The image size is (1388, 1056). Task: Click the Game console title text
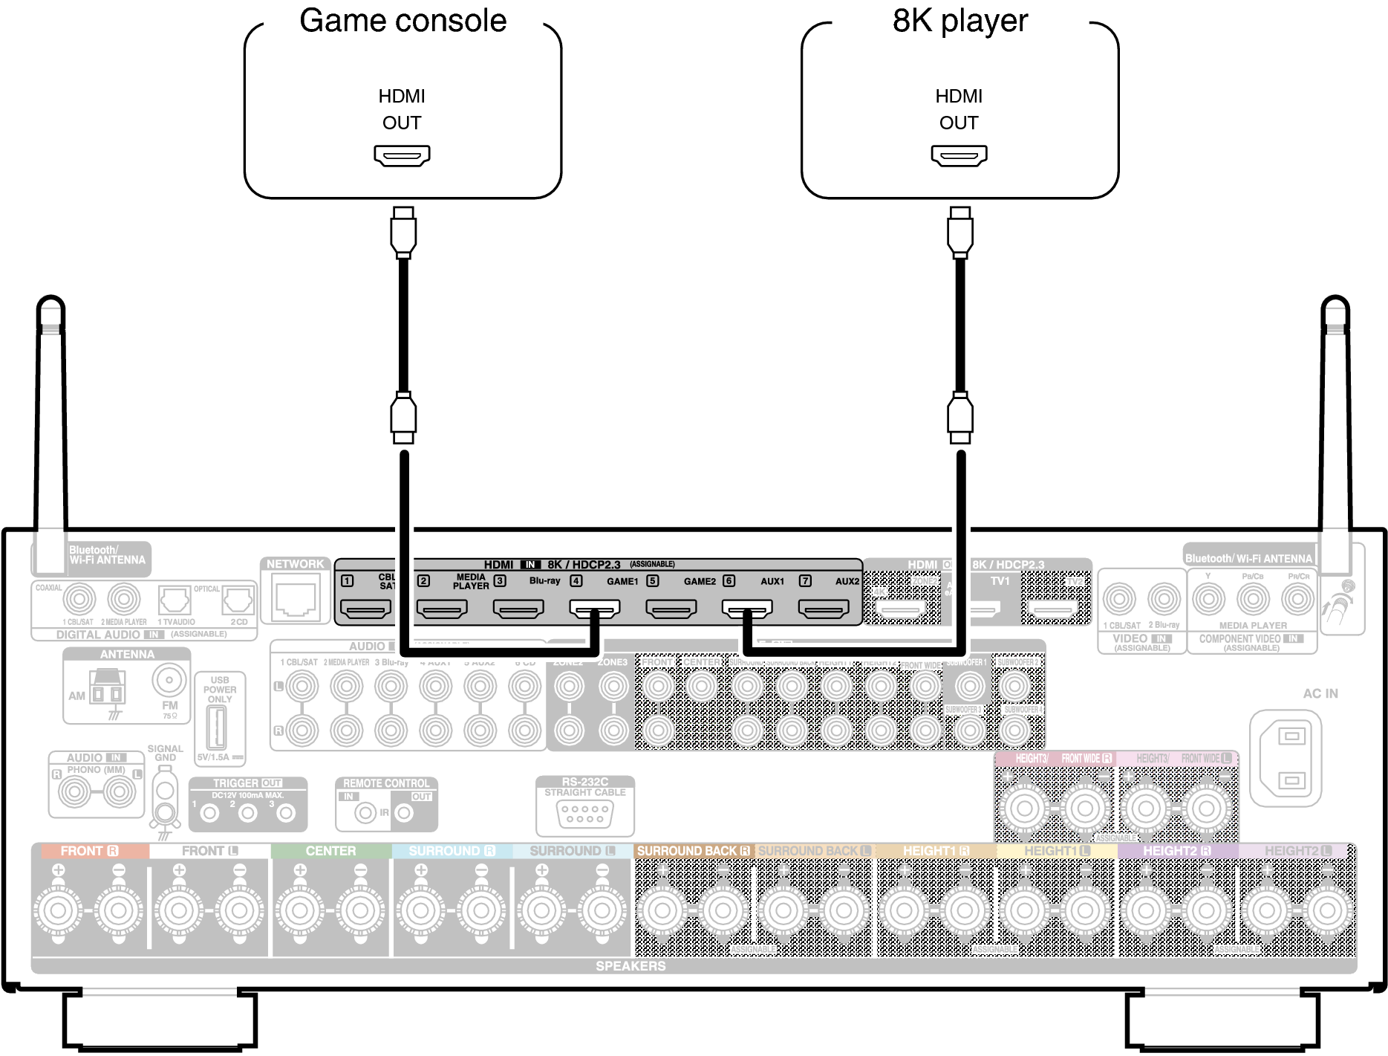tap(403, 21)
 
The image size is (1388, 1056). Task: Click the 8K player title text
tap(959, 21)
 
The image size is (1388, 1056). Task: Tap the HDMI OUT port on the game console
tap(402, 155)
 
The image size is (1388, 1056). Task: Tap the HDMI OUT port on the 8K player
tap(959, 155)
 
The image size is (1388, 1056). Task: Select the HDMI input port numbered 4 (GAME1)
tap(594, 609)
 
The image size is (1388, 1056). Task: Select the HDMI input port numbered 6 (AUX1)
tap(747, 609)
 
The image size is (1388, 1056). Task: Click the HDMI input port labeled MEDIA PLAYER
tap(442, 609)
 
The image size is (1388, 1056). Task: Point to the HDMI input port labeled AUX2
tap(824, 609)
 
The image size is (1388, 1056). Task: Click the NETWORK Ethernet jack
tap(296, 600)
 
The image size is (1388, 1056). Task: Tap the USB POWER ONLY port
tap(216, 728)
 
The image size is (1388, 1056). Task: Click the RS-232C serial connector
tap(584, 814)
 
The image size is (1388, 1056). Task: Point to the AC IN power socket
tap(1291, 758)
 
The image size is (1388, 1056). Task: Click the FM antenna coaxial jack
tap(169, 679)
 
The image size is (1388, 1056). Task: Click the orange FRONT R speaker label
tap(89, 851)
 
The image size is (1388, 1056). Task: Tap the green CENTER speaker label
tap(330, 851)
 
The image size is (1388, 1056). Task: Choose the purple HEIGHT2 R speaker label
tap(1176, 851)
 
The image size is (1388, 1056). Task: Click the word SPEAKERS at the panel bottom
tap(631, 966)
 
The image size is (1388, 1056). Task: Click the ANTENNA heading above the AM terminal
tap(127, 655)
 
